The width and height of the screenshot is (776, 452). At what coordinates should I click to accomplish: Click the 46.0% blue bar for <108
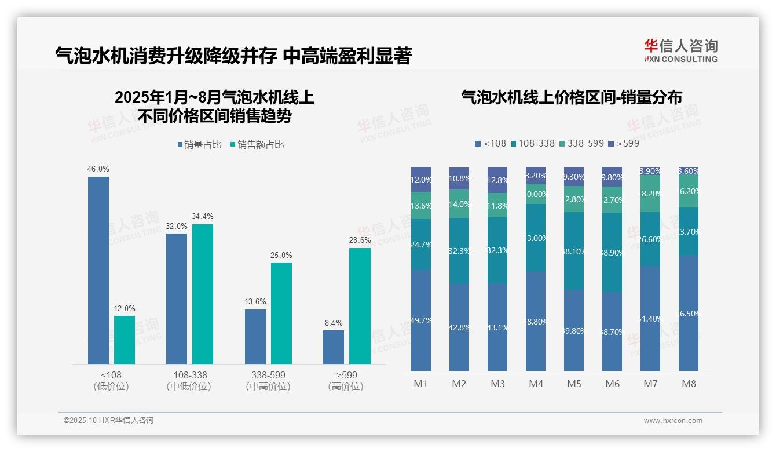(98, 270)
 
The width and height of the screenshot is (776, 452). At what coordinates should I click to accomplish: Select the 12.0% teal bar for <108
(125, 340)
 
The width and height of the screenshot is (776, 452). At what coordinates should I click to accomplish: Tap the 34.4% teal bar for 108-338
(203, 294)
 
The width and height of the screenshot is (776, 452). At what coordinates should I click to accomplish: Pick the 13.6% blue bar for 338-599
(255, 337)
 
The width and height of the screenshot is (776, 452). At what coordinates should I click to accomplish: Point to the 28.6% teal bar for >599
(360, 306)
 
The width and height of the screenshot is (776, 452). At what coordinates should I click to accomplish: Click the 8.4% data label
(334, 323)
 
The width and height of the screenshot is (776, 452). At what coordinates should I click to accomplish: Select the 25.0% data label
(281, 255)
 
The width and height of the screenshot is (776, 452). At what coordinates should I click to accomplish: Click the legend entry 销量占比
(199, 145)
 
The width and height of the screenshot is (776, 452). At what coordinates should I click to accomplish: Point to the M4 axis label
(536, 384)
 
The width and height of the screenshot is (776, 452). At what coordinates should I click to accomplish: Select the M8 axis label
(689, 384)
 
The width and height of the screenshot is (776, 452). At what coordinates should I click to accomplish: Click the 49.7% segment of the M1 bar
(421, 320)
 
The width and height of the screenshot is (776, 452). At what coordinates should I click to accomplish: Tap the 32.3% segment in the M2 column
(459, 251)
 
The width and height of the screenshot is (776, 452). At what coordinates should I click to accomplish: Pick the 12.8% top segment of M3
(497, 180)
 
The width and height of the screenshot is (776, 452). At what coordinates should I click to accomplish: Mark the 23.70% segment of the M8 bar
(689, 232)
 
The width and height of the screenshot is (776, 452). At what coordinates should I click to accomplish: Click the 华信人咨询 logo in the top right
(680, 50)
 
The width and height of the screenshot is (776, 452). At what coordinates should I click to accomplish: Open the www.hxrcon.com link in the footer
(673, 421)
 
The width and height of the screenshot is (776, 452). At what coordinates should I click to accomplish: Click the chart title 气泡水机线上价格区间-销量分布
(571, 97)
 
